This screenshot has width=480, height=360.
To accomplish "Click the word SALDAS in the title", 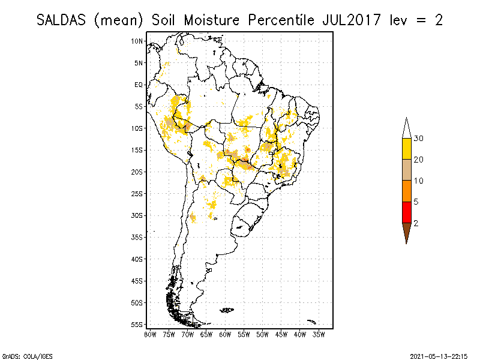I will pyautogui.click(x=62, y=20).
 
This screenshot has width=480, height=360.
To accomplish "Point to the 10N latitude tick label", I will pyautogui.click(x=137, y=41).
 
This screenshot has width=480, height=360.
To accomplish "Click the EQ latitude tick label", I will pyautogui.click(x=139, y=85).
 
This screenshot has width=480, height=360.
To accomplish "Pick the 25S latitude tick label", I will pyautogui.click(x=137, y=193).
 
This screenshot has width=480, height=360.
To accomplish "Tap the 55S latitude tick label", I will pyautogui.click(x=137, y=324).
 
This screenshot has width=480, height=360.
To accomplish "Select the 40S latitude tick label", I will pyautogui.click(x=137, y=259).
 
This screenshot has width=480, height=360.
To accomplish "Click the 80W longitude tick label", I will pyautogui.click(x=151, y=334).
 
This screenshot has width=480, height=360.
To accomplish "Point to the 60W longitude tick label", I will pyautogui.click(x=226, y=334).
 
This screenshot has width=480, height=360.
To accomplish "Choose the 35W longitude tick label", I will pyautogui.click(x=319, y=334).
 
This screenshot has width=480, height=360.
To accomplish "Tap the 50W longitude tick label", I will pyautogui.click(x=263, y=334).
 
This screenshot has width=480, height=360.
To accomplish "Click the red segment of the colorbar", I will pyautogui.click(x=406, y=212).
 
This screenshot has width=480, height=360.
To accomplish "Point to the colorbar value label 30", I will pyautogui.click(x=419, y=139).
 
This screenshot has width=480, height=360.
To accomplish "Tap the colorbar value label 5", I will pyautogui.click(x=416, y=202).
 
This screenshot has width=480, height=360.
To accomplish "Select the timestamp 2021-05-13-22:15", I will pyautogui.click(x=439, y=355).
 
